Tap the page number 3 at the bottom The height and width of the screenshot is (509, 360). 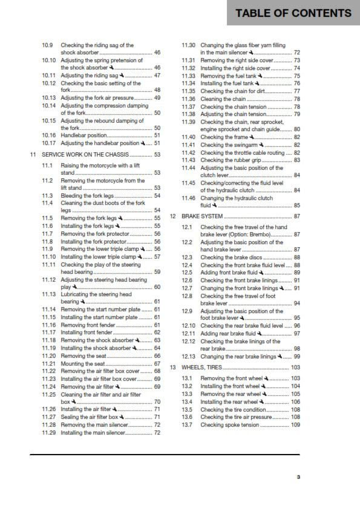298,476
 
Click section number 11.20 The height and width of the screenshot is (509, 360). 49,357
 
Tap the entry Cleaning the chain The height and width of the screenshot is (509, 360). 223,99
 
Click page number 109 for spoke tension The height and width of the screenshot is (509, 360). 295,425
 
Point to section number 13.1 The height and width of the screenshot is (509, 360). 188,378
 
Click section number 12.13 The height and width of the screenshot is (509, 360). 189,357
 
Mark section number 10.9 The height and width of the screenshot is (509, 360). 48,45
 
